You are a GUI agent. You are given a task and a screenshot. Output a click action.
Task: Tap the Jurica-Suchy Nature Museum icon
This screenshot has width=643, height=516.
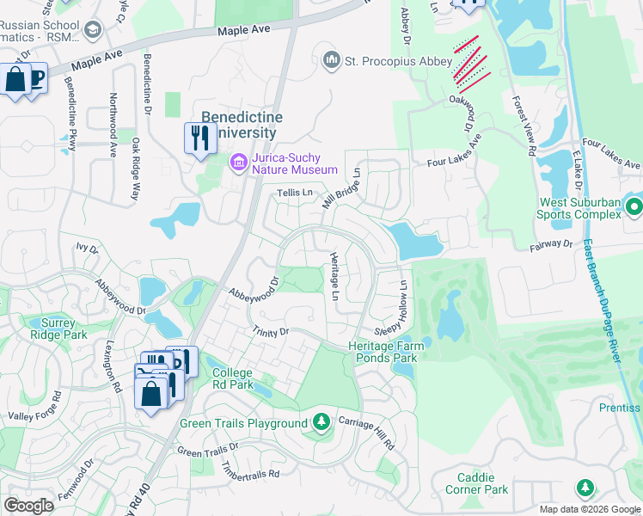point(238,162)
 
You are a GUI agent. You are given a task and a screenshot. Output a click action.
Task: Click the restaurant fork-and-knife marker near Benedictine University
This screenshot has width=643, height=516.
point(199,138)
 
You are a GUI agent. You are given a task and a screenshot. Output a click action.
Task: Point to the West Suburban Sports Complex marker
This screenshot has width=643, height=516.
point(634,207)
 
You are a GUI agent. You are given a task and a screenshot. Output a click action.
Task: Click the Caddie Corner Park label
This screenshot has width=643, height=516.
point(476,483)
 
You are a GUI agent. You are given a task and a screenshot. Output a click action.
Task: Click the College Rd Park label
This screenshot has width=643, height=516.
point(233,378)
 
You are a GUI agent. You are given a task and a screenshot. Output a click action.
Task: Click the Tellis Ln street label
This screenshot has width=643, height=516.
point(294,193)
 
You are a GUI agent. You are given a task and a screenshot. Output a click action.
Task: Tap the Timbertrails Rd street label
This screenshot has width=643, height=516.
point(251,470)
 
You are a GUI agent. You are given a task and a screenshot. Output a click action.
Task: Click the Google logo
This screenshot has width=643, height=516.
point(29,506)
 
